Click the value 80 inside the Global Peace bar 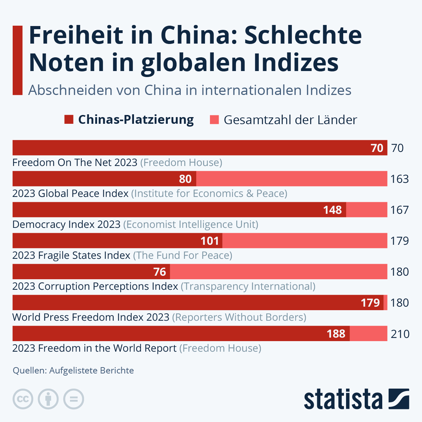click(x=185, y=179)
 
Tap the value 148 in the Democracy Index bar click(x=332, y=210)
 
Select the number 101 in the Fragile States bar click(x=210, y=241)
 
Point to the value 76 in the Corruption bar click(x=160, y=272)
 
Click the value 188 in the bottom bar click(x=336, y=334)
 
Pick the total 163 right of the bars click(x=399, y=179)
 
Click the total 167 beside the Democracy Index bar click(x=399, y=210)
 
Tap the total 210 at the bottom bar click(x=400, y=334)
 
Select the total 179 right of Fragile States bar click(x=399, y=241)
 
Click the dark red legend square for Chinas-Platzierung click(x=69, y=120)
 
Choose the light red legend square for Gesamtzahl click(x=214, y=120)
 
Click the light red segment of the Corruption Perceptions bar click(x=278, y=272)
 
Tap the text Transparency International click(x=248, y=286)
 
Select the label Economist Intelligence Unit click(x=191, y=224)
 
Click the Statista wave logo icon click(x=399, y=399)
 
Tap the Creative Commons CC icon click(x=23, y=399)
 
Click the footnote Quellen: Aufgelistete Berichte click(x=73, y=371)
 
